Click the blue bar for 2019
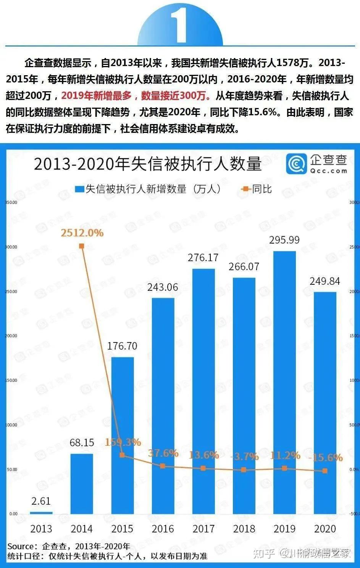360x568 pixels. [284, 382]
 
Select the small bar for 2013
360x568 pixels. [41, 512]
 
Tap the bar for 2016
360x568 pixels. [163, 405]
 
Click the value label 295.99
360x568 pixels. [284, 240]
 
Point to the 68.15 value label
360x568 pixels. [82, 442]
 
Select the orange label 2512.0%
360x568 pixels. [82, 233]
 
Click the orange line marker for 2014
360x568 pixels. [82, 246]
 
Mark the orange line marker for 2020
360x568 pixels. [325, 471]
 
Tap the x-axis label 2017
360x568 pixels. [203, 529]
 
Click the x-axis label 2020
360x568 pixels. [325, 529]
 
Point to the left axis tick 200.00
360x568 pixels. [11, 336]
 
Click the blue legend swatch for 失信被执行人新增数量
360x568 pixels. [79, 189]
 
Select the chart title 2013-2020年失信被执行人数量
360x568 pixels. [148, 164]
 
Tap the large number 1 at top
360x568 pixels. [180, 25]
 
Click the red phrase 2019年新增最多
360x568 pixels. [96, 96]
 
